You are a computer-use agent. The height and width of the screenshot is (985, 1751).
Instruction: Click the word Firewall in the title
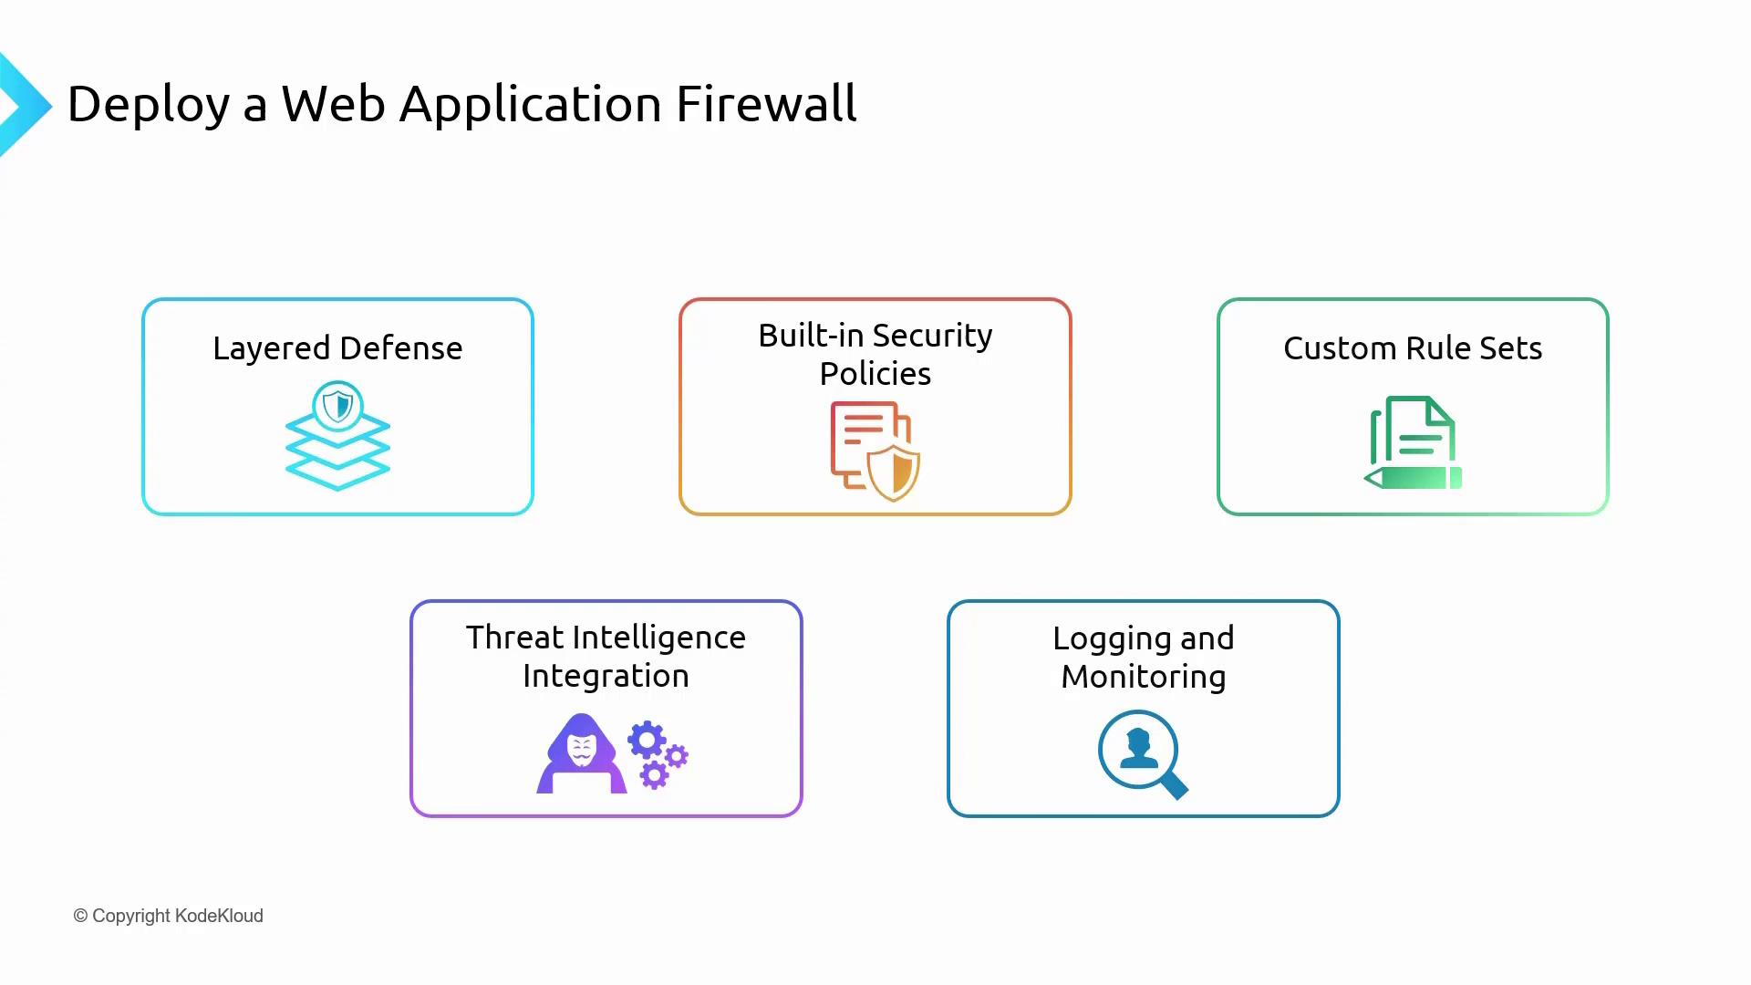[766, 103]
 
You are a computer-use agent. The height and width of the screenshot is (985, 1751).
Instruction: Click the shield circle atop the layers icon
[337, 405]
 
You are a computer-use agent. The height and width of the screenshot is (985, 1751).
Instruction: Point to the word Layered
[271, 349]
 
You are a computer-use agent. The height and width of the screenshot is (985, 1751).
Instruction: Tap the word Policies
[875, 374]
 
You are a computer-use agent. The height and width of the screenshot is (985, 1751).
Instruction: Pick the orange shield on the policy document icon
[894, 472]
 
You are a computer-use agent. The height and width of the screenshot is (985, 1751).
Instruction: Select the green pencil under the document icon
[1414, 478]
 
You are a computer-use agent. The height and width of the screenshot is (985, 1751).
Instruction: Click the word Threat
[515, 638]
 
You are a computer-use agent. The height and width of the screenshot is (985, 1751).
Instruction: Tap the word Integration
[606, 676]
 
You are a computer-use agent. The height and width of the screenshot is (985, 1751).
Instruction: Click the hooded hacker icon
[581, 754]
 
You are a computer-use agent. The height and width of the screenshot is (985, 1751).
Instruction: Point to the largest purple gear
[647, 741]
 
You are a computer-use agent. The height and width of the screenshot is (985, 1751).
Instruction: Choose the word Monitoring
[1144, 677]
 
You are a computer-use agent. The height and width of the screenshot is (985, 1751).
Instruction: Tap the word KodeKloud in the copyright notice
[219, 916]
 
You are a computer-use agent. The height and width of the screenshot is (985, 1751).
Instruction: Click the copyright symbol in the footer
[80, 916]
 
